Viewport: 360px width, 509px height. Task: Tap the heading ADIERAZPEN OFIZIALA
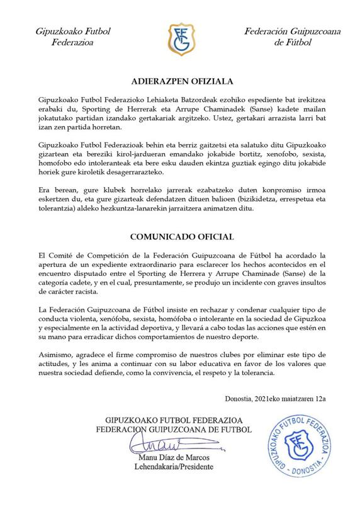(x=180, y=81)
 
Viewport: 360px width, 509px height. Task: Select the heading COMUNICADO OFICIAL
(x=181, y=237)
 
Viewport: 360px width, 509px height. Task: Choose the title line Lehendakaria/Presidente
(x=179, y=467)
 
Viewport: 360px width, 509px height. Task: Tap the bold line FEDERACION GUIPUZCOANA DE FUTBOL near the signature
(x=179, y=430)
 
